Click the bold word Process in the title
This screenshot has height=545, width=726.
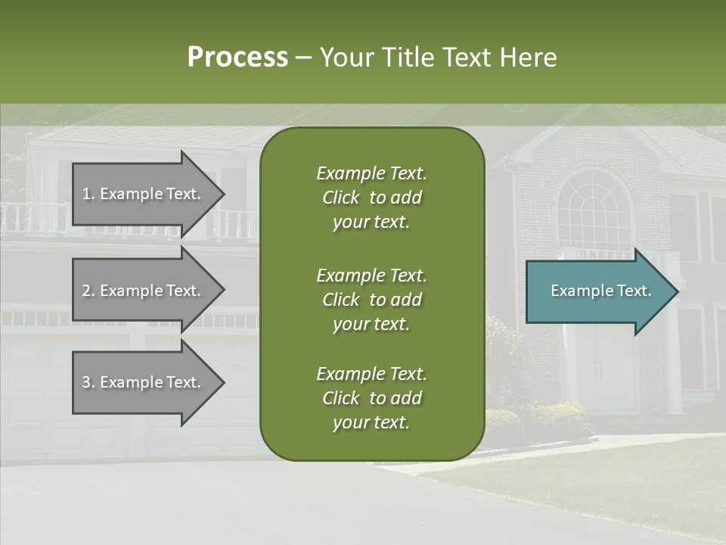click(x=237, y=57)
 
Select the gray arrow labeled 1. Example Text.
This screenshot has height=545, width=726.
click(x=144, y=194)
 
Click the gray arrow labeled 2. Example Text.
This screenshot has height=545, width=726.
click(x=144, y=291)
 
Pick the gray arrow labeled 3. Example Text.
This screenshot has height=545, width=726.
click(x=144, y=382)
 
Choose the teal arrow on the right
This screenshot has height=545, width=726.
click(x=597, y=291)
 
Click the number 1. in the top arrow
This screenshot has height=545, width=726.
click(x=88, y=194)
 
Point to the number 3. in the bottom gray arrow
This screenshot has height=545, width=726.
click(x=88, y=382)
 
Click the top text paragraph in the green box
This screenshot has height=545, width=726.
click(x=371, y=198)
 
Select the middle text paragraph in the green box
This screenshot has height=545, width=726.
click(x=371, y=299)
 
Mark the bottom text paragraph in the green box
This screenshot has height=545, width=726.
click(x=371, y=398)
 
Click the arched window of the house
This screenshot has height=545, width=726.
click(x=594, y=208)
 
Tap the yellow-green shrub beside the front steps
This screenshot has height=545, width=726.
click(x=560, y=416)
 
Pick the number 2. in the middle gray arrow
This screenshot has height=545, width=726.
click(x=88, y=291)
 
